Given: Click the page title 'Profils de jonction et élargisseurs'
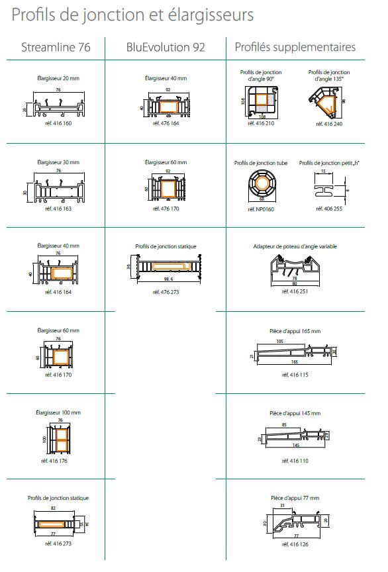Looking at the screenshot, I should pyautogui.click(x=132, y=15).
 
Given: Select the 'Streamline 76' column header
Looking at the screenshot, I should pyautogui.click(x=56, y=47).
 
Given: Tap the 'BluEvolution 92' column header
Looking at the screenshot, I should pyautogui.click(x=166, y=47).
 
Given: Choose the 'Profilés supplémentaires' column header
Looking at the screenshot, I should pyautogui.click(x=295, y=47).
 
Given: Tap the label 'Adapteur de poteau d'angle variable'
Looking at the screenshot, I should pyautogui.click(x=295, y=246).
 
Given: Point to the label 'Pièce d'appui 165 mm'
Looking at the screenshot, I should pyautogui.click(x=295, y=331).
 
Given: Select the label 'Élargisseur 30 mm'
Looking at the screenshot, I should pyautogui.click(x=58, y=162).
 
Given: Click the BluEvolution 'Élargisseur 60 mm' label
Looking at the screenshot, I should pyautogui.click(x=166, y=162).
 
